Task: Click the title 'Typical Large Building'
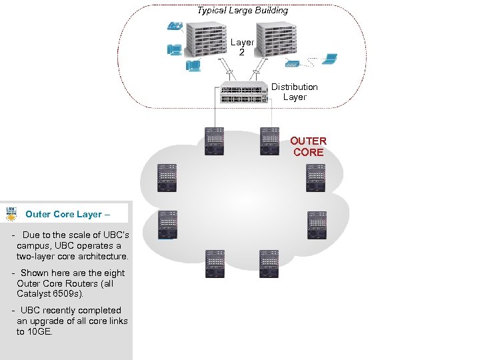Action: [243, 11]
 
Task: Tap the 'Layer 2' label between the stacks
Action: [242, 47]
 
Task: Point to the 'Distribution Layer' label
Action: [294, 92]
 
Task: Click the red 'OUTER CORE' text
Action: [308, 147]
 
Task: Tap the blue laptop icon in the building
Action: [329, 59]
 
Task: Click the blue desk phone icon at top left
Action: [175, 26]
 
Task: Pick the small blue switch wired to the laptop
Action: [292, 63]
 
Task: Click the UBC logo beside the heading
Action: [12, 214]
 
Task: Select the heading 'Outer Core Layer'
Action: [63, 215]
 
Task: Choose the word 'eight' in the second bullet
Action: [113, 273]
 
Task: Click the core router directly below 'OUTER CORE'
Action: [316, 177]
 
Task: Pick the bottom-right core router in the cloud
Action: [269, 264]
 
